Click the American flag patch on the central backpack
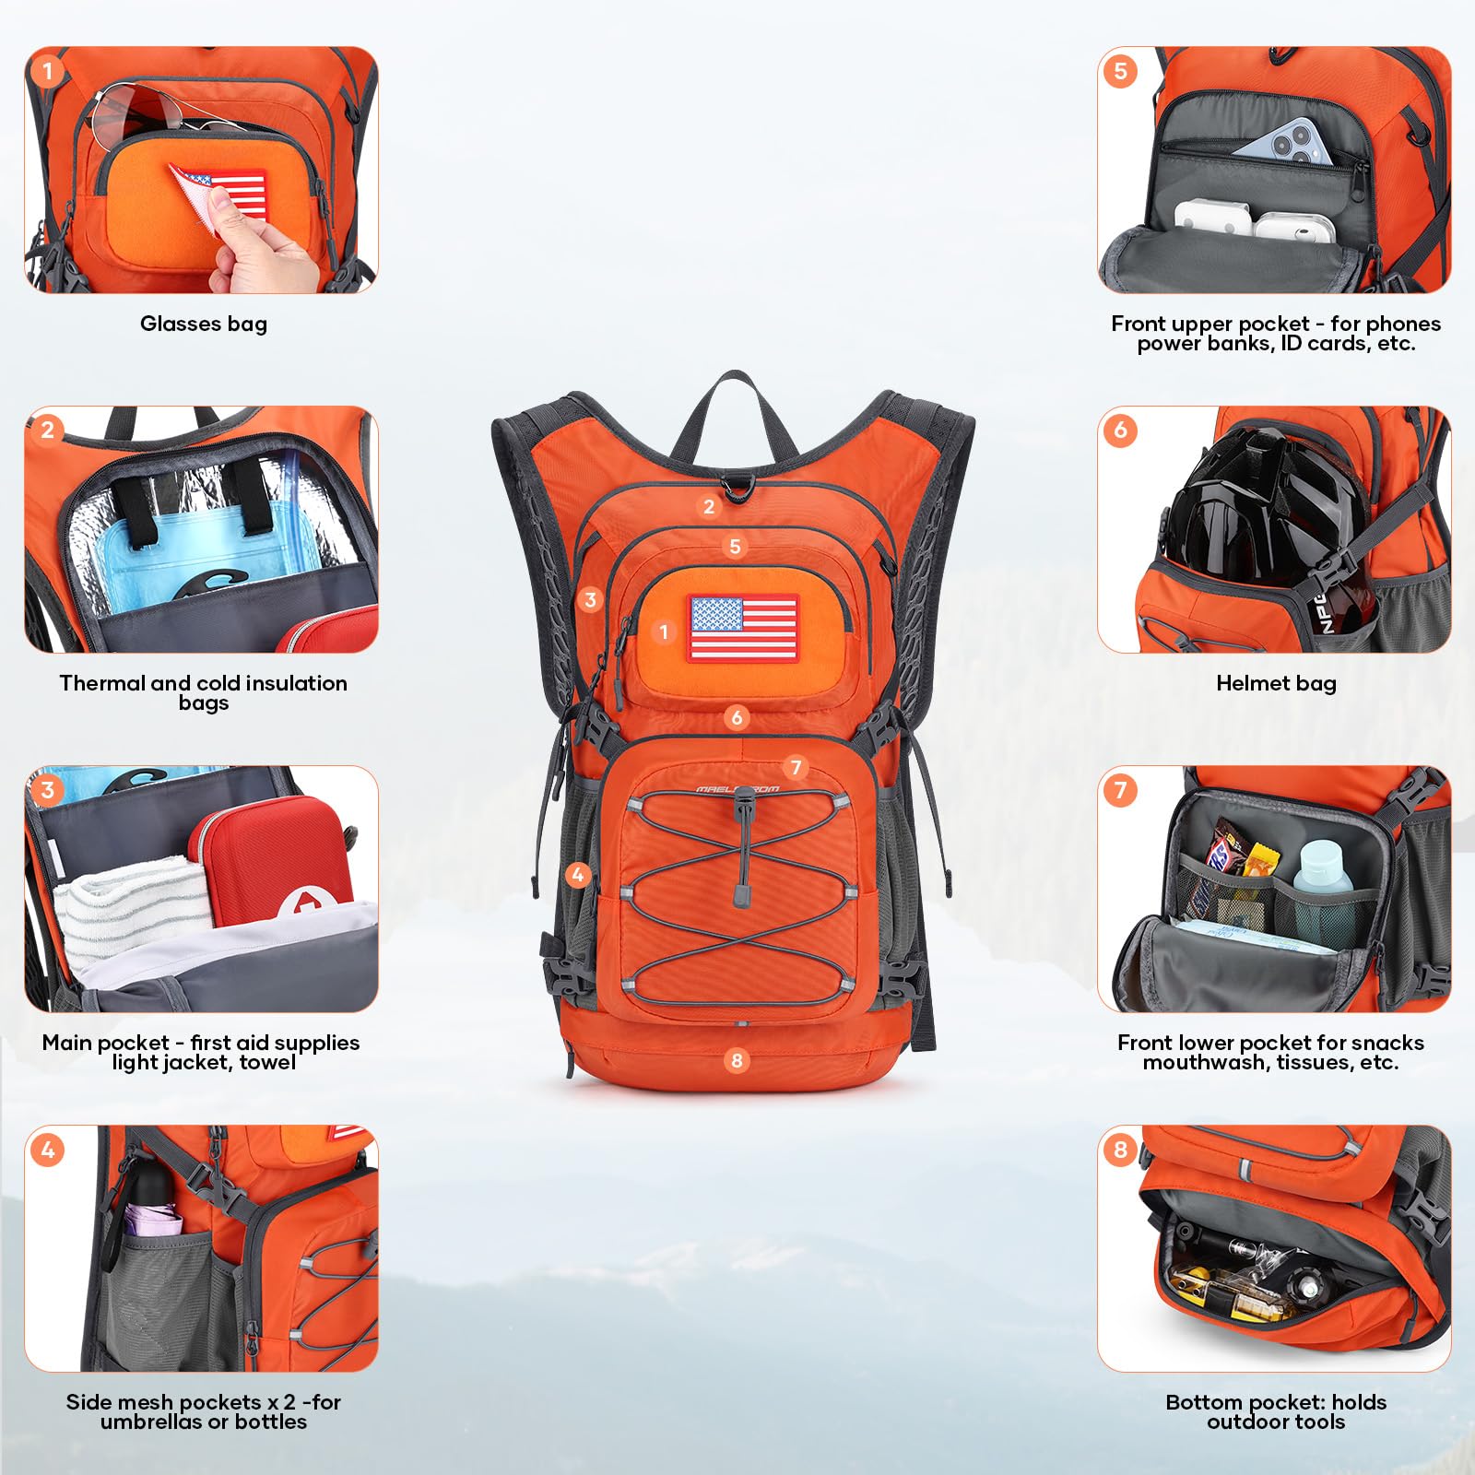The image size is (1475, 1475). [x=743, y=627]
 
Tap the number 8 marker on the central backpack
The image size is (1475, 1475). [x=736, y=1060]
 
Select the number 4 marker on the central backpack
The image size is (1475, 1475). [x=578, y=874]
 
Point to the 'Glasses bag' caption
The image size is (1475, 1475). [x=203, y=324]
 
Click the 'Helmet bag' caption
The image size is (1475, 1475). [x=1276, y=683]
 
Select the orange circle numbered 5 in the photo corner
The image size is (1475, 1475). [x=1120, y=71]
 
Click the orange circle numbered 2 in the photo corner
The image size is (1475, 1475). [x=48, y=431]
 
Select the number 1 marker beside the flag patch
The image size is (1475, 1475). [x=664, y=631]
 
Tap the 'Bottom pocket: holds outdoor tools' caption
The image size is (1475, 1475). [x=1276, y=1411]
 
